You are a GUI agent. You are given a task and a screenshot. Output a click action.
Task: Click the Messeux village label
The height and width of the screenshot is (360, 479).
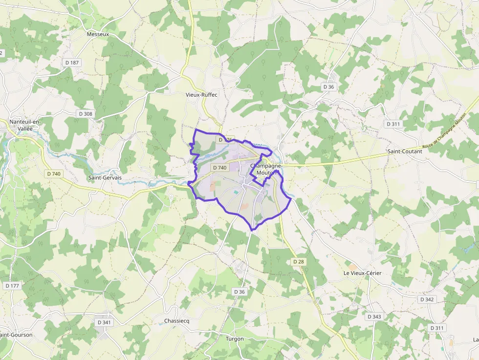click(x=98, y=35)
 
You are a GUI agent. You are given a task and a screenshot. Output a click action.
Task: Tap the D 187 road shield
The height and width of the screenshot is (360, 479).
click(x=72, y=63)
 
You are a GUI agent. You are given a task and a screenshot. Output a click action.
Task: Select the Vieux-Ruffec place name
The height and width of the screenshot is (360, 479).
click(x=201, y=95)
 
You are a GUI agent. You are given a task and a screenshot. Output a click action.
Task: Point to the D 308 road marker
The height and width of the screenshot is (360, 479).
click(x=85, y=114)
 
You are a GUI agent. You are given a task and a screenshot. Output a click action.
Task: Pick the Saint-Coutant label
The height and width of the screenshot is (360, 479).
click(x=404, y=151)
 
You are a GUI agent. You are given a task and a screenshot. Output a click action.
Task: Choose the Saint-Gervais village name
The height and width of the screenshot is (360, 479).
click(x=105, y=178)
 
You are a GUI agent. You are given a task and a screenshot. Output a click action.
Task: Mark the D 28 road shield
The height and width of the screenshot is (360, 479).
click(x=298, y=262)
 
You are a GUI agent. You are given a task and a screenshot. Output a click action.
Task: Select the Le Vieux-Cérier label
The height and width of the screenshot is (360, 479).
click(x=362, y=273)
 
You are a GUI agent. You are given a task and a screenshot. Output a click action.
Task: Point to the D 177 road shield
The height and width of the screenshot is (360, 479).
click(x=13, y=285)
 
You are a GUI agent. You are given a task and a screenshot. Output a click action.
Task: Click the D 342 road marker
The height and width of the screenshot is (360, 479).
click(x=426, y=299)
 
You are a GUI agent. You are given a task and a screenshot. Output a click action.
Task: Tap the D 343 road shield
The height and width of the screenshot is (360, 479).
click(x=374, y=317)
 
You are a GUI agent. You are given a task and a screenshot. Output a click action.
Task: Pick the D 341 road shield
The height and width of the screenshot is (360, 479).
click(x=104, y=322)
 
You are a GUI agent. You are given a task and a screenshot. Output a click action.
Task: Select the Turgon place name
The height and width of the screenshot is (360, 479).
click(x=235, y=339)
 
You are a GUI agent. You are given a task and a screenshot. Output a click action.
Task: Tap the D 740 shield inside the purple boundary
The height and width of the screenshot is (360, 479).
click(x=220, y=168)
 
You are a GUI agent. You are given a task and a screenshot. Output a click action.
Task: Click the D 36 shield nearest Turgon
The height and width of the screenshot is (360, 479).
click(x=239, y=292)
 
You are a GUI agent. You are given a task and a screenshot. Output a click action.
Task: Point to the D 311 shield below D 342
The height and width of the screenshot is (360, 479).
click(x=437, y=327)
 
